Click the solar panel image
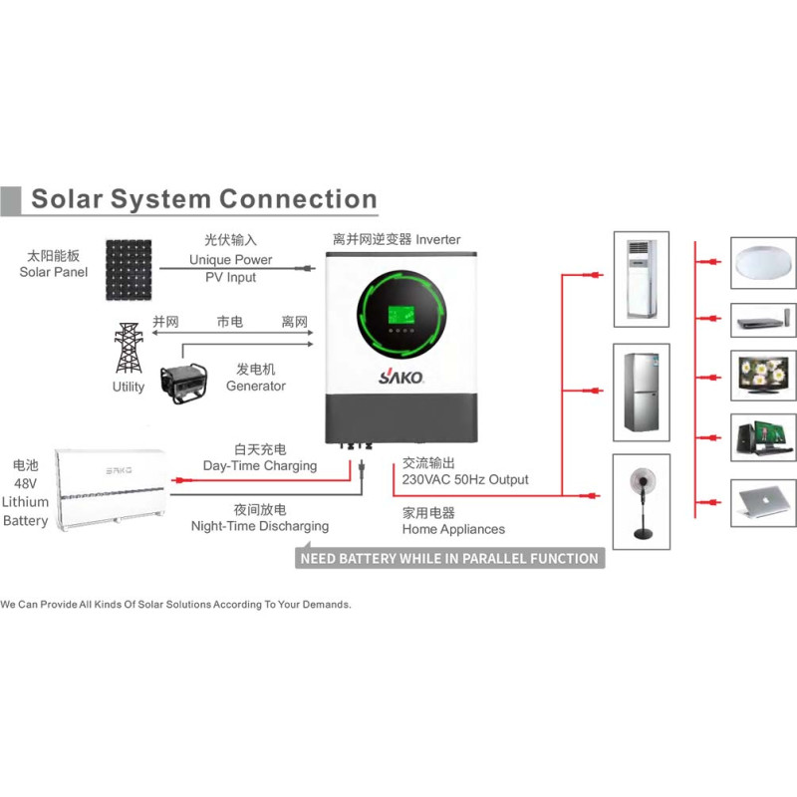coord(128,269)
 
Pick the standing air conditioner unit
coord(638,282)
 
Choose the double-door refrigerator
coord(638,393)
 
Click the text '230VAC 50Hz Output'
coord(465,479)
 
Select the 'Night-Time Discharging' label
coord(260,526)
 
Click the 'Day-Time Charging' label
coord(260,466)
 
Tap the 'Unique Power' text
coord(230,260)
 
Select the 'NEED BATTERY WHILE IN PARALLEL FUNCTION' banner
coord(450,558)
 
